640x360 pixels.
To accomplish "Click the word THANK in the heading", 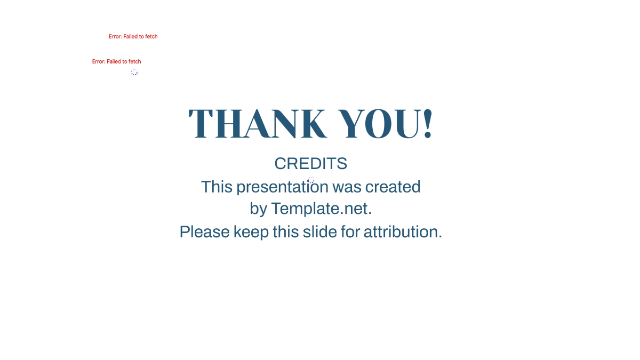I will point(257,124).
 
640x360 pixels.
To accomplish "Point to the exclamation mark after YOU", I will point(428,124).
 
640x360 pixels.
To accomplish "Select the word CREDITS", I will point(310,164).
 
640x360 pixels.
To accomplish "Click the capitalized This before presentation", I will point(217,187).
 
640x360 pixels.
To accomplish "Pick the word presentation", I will point(282,187).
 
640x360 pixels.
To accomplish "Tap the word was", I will point(348,187).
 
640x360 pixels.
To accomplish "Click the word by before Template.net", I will point(258,209).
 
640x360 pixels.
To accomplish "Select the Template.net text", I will point(321,209).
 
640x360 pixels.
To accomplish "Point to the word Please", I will point(204,232).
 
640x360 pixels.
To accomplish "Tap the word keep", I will point(251,232).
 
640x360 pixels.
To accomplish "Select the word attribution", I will point(403,232).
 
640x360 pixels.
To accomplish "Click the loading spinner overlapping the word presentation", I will point(311,181).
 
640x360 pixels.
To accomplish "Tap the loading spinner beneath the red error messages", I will point(134,72).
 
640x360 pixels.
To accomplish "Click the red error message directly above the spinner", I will point(116,61).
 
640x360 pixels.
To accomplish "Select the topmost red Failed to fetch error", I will point(133,37).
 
